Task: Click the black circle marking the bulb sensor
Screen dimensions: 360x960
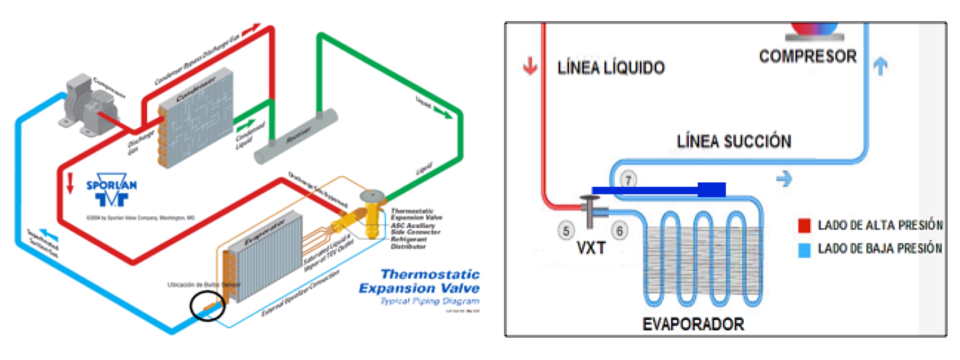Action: (207, 306)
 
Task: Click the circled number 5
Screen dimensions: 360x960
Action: (566, 231)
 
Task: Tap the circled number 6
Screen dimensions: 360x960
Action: (619, 231)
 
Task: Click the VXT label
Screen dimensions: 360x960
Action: (591, 248)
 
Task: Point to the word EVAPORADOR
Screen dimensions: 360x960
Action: (693, 324)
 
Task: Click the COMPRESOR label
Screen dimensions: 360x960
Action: (808, 57)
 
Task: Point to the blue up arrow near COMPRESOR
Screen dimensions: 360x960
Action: (881, 66)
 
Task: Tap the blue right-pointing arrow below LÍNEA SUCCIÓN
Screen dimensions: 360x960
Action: (784, 179)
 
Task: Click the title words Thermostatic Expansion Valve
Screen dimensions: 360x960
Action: (419, 281)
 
